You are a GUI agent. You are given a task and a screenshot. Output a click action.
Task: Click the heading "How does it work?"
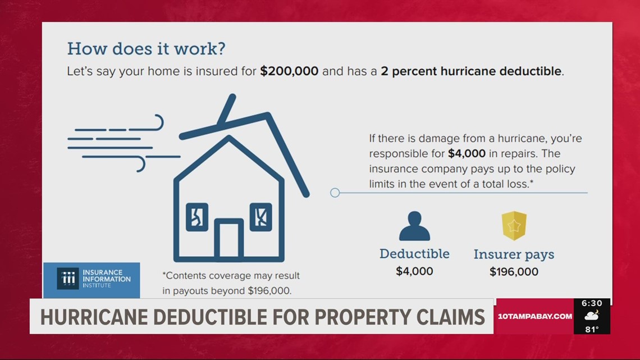pos(146,48)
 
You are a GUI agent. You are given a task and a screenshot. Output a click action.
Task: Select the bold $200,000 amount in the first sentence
pos(289,71)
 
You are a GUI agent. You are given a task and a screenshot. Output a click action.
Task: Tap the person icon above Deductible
pos(414,226)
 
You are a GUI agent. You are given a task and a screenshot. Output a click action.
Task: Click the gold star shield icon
pos(514,226)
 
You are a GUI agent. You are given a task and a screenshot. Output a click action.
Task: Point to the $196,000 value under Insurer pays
pos(514,272)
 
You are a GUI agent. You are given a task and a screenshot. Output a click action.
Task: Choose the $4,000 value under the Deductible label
pos(414,271)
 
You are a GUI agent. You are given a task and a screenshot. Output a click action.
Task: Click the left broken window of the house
pos(197,216)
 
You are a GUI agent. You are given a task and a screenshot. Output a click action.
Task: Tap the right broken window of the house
pos(260,216)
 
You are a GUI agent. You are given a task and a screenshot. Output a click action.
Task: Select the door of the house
pos(228,240)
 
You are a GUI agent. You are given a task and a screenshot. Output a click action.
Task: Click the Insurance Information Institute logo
pos(92,279)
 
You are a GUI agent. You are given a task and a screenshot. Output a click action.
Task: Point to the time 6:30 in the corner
pos(592,303)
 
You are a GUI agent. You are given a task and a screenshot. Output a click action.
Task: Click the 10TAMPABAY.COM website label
pos(534,316)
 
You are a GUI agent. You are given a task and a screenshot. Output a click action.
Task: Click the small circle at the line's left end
pos(335,193)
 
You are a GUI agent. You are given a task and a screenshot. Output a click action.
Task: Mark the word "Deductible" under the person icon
pos(414,254)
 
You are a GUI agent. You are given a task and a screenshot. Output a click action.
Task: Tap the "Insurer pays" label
pos(514,254)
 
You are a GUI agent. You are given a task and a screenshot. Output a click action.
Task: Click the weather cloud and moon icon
pos(592,316)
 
